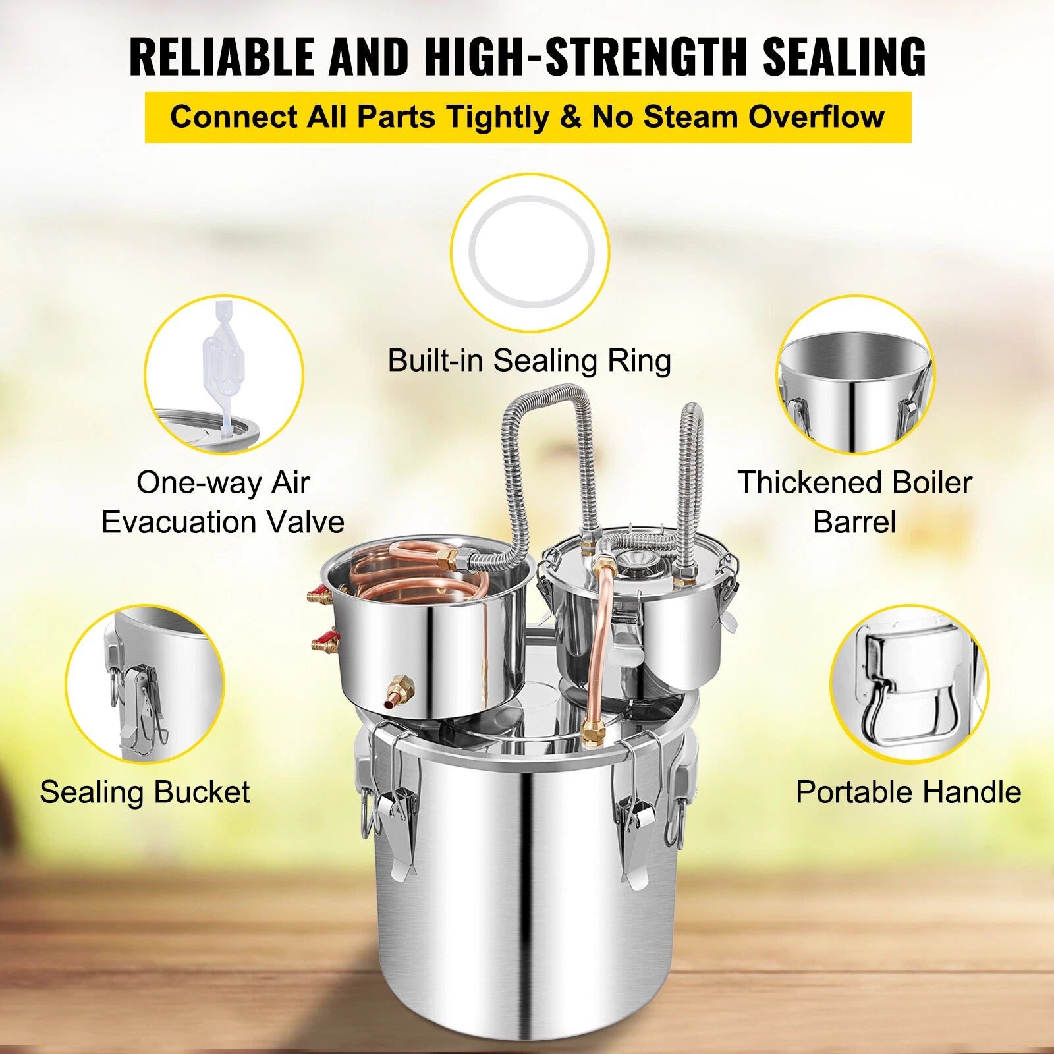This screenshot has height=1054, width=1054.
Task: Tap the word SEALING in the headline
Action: [x=845, y=57]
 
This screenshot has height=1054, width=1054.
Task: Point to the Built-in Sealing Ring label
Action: [x=530, y=361]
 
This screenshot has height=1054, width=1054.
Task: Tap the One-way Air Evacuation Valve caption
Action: [x=223, y=502]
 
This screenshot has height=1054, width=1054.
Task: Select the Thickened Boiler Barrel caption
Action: [x=854, y=502]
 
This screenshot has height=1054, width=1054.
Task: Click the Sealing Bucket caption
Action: [x=145, y=792]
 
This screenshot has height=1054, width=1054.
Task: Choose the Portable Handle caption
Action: [x=908, y=792]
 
